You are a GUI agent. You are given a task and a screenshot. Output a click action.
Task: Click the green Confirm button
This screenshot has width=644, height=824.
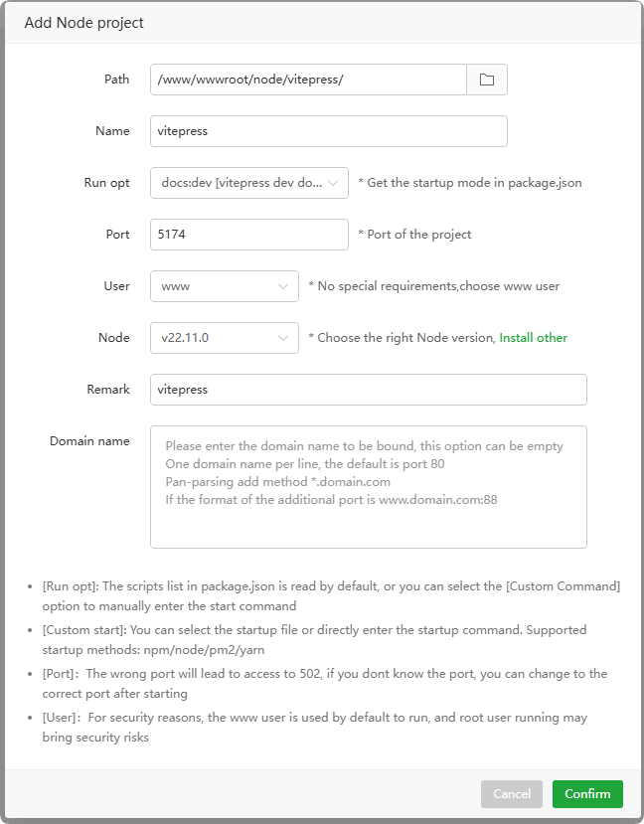click(x=587, y=794)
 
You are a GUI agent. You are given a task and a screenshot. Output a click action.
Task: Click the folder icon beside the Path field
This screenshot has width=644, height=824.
click(x=487, y=80)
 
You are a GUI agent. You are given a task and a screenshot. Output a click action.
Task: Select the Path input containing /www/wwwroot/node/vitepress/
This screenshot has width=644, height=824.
click(x=308, y=80)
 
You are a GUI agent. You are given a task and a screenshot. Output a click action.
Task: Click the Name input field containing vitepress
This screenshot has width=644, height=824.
click(x=328, y=131)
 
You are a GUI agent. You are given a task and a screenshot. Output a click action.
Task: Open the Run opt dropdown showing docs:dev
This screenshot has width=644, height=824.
click(x=249, y=183)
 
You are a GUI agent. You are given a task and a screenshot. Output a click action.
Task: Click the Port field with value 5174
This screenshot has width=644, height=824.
click(x=249, y=235)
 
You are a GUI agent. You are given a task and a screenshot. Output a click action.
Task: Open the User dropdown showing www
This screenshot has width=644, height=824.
click(x=224, y=286)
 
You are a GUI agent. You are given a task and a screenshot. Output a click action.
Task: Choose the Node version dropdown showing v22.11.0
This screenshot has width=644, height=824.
click(x=224, y=338)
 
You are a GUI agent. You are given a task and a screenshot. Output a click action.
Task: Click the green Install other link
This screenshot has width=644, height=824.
click(x=533, y=338)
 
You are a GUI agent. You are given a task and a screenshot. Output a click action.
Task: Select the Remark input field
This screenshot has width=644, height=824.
click(x=368, y=390)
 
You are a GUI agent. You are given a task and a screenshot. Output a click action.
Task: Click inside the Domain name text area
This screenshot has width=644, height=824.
click(x=368, y=487)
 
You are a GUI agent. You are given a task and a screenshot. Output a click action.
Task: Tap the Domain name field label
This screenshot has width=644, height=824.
click(x=89, y=441)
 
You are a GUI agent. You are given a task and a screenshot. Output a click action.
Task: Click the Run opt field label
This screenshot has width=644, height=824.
click(x=106, y=183)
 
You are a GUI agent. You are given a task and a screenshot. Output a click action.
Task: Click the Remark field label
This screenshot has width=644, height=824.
click(x=108, y=390)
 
